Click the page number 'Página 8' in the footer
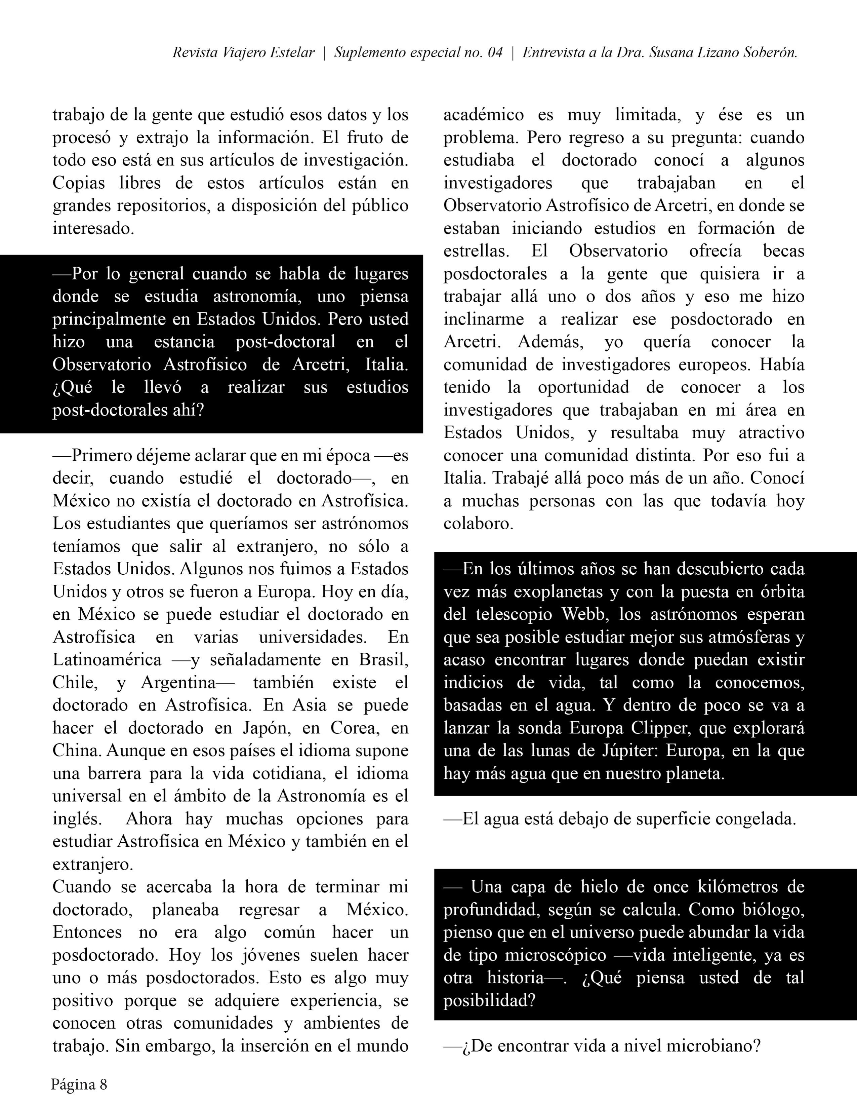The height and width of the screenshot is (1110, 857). pyautogui.click(x=79, y=1084)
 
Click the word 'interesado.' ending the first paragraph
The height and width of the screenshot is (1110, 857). pyautogui.click(x=93, y=228)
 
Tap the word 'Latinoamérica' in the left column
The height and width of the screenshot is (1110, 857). pyautogui.click(x=107, y=660)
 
